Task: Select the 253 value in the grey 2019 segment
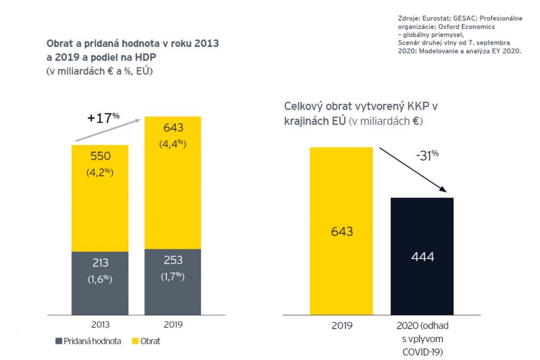[173, 260]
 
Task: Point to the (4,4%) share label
[173, 143]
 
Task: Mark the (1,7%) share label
[173, 276]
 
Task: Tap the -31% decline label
[428, 157]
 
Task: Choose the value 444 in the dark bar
[422, 257]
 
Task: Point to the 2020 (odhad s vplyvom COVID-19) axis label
[422, 337]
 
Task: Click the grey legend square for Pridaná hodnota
[58, 341]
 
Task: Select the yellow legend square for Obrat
[134, 341]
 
